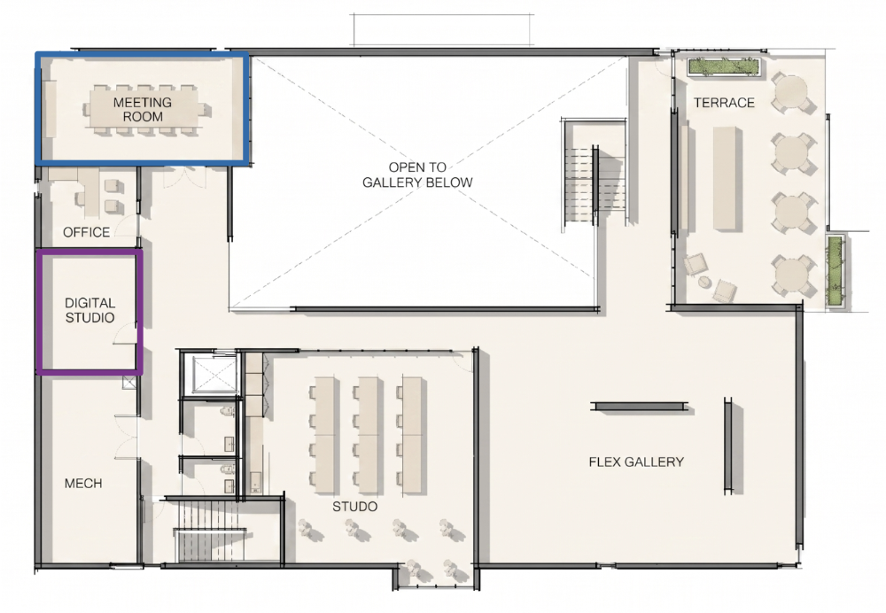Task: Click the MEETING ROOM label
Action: point(143,110)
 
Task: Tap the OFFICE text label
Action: point(87,232)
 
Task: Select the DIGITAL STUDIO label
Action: point(89,310)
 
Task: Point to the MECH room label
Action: point(83,483)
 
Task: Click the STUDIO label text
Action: point(355,506)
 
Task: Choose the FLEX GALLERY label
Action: point(636,462)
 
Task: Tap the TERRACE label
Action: point(724,103)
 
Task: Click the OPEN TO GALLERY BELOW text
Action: point(417,175)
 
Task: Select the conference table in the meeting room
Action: point(143,110)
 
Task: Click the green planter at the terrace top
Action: point(723,66)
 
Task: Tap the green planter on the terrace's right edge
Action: point(835,271)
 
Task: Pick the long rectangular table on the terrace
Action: point(727,179)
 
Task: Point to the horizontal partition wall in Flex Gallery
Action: point(640,407)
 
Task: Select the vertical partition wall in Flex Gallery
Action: point(728,446)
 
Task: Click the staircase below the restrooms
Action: point(210,530)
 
